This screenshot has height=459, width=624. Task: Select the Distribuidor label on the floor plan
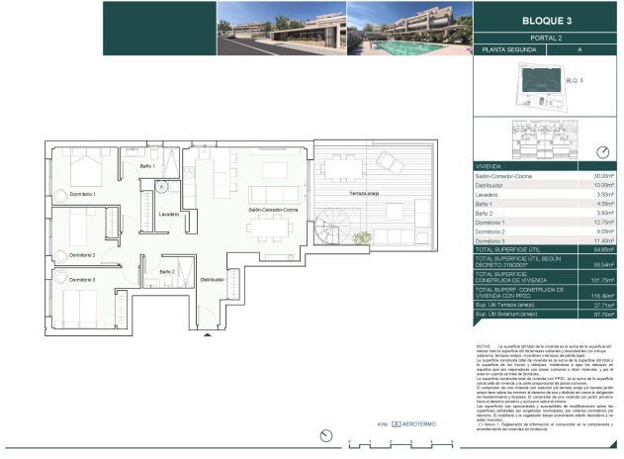(214, 280)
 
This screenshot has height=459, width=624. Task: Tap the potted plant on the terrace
(362, 237)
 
